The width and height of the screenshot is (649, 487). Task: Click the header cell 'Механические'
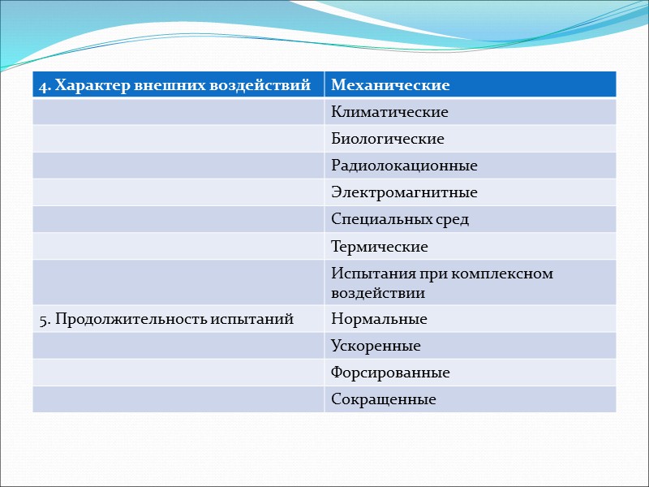pos(390,85)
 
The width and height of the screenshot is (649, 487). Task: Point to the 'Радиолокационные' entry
pos(404,166)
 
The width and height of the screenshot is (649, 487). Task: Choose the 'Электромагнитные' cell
pos(404,192)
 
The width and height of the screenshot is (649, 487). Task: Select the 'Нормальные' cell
pos(379,319)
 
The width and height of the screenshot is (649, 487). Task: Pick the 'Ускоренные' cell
pos(376,346)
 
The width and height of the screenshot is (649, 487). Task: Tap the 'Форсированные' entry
pos(390,373)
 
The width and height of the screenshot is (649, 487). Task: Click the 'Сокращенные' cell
pos(384,399)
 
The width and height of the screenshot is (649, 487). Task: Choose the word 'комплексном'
pos(508,274)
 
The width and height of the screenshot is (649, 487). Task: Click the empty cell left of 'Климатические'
pos(178,112)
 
